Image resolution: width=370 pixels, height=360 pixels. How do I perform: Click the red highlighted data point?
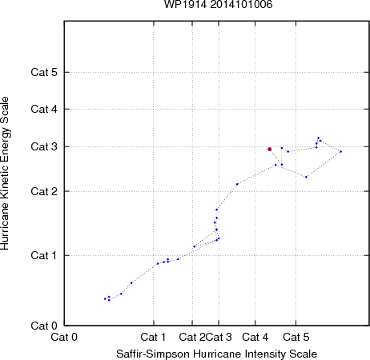[269, 149]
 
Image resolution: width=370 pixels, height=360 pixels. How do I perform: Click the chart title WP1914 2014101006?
[218, 4]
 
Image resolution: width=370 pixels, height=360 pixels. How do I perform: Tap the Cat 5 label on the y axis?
[44, 72]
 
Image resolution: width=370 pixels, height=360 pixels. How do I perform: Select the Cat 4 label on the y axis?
[44, 109]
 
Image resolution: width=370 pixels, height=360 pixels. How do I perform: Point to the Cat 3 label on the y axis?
[44, 146]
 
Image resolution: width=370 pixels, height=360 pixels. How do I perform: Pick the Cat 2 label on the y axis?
[44, 191]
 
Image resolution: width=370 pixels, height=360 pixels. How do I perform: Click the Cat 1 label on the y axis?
[44, 255]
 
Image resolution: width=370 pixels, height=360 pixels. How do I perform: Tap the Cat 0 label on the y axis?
[44, 326]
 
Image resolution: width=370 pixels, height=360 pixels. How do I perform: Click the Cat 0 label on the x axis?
[64, 337]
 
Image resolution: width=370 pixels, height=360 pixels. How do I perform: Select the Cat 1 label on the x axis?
[153, 337]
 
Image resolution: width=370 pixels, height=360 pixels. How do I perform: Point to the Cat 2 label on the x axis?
[192, 337]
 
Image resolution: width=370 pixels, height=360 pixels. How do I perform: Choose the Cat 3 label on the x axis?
[219, 337]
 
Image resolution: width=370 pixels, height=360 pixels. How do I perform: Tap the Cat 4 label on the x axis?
[255, 337]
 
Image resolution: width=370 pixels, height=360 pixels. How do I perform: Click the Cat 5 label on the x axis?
[296, 337]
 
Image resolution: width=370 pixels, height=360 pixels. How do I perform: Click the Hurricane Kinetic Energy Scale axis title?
[5, 174]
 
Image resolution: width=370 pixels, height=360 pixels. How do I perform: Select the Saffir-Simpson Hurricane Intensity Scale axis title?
[217, 354]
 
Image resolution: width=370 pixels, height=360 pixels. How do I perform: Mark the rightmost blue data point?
[340, 152]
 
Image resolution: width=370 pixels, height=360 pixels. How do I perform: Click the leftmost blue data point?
[105, 298]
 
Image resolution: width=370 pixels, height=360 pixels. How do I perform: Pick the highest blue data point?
[318, 138]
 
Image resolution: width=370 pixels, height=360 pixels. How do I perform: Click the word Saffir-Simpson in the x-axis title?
[153, 354]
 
